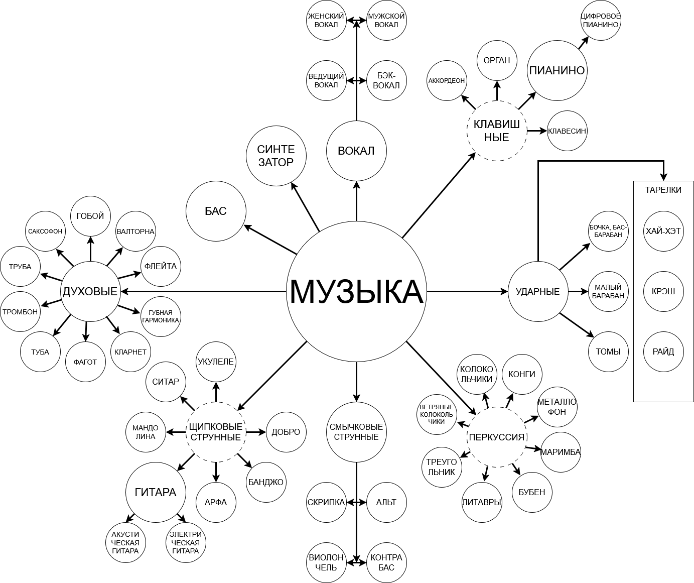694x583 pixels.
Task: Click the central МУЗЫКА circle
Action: (356, 291)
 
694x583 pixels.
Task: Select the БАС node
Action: (216, 211)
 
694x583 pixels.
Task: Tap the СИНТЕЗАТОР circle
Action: (276, 156)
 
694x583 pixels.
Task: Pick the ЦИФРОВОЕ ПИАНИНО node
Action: (601, 20)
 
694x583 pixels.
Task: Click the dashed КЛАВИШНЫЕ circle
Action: (497, 131)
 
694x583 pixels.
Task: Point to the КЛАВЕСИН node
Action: (567, 131)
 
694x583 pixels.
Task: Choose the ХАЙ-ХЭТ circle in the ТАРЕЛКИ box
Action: (663, 231)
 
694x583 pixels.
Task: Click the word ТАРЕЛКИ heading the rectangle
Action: (663, 190)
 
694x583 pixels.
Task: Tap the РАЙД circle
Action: (663, 352)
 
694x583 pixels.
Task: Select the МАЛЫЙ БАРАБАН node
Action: (608, 291)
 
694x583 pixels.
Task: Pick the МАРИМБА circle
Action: (561, 451)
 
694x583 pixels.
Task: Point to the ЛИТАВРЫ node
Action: (482, 502)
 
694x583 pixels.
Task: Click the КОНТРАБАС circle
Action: (386, 562)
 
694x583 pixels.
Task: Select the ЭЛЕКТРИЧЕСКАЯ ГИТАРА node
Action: (186, 542)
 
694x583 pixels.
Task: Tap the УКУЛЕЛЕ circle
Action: (216, 362)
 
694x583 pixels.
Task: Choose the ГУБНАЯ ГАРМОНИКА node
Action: (161, 316)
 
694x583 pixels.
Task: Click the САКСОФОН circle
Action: (45, 231)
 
